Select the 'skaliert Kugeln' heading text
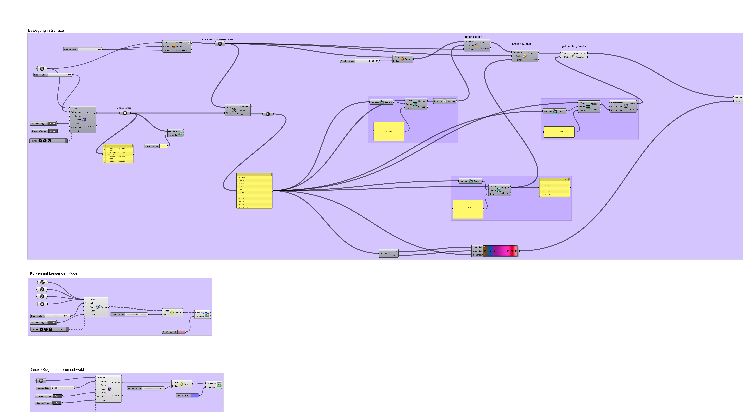(x=521, y=44)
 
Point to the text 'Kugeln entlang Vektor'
(x=572, y=46)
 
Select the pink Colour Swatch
(x=181, y=332)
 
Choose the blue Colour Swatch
(x=195, y=396)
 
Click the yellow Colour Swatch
(x=163, y=146)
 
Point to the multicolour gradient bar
(x=500, y=251)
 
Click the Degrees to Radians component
(x=445, y=101)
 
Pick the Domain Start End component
(x=389, y=254)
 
